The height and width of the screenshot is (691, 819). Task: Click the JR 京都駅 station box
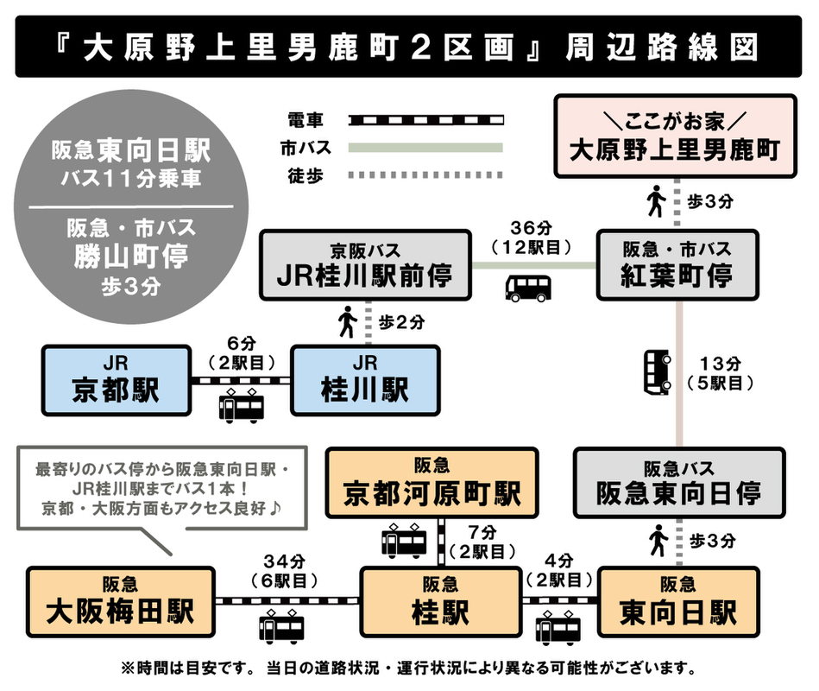(117, 380)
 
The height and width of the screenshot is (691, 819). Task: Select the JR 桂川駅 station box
(365, 380)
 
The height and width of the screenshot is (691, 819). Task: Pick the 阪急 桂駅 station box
(440, 602)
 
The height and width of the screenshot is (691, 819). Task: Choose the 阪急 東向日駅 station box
(678, 602)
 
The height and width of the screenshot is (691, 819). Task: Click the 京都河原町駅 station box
(432, 483)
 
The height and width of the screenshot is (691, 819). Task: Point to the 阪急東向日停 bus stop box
(678, 483)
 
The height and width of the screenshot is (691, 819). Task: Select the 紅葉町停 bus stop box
(677, 264)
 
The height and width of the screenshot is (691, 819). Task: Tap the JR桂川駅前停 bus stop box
(366, 264)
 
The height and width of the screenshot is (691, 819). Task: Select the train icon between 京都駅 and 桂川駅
(241, 406)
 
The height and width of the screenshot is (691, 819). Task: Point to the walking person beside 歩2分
(348, 323)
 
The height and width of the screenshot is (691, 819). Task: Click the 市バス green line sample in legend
(425, 148)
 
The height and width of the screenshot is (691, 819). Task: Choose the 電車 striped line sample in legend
(425, 118)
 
